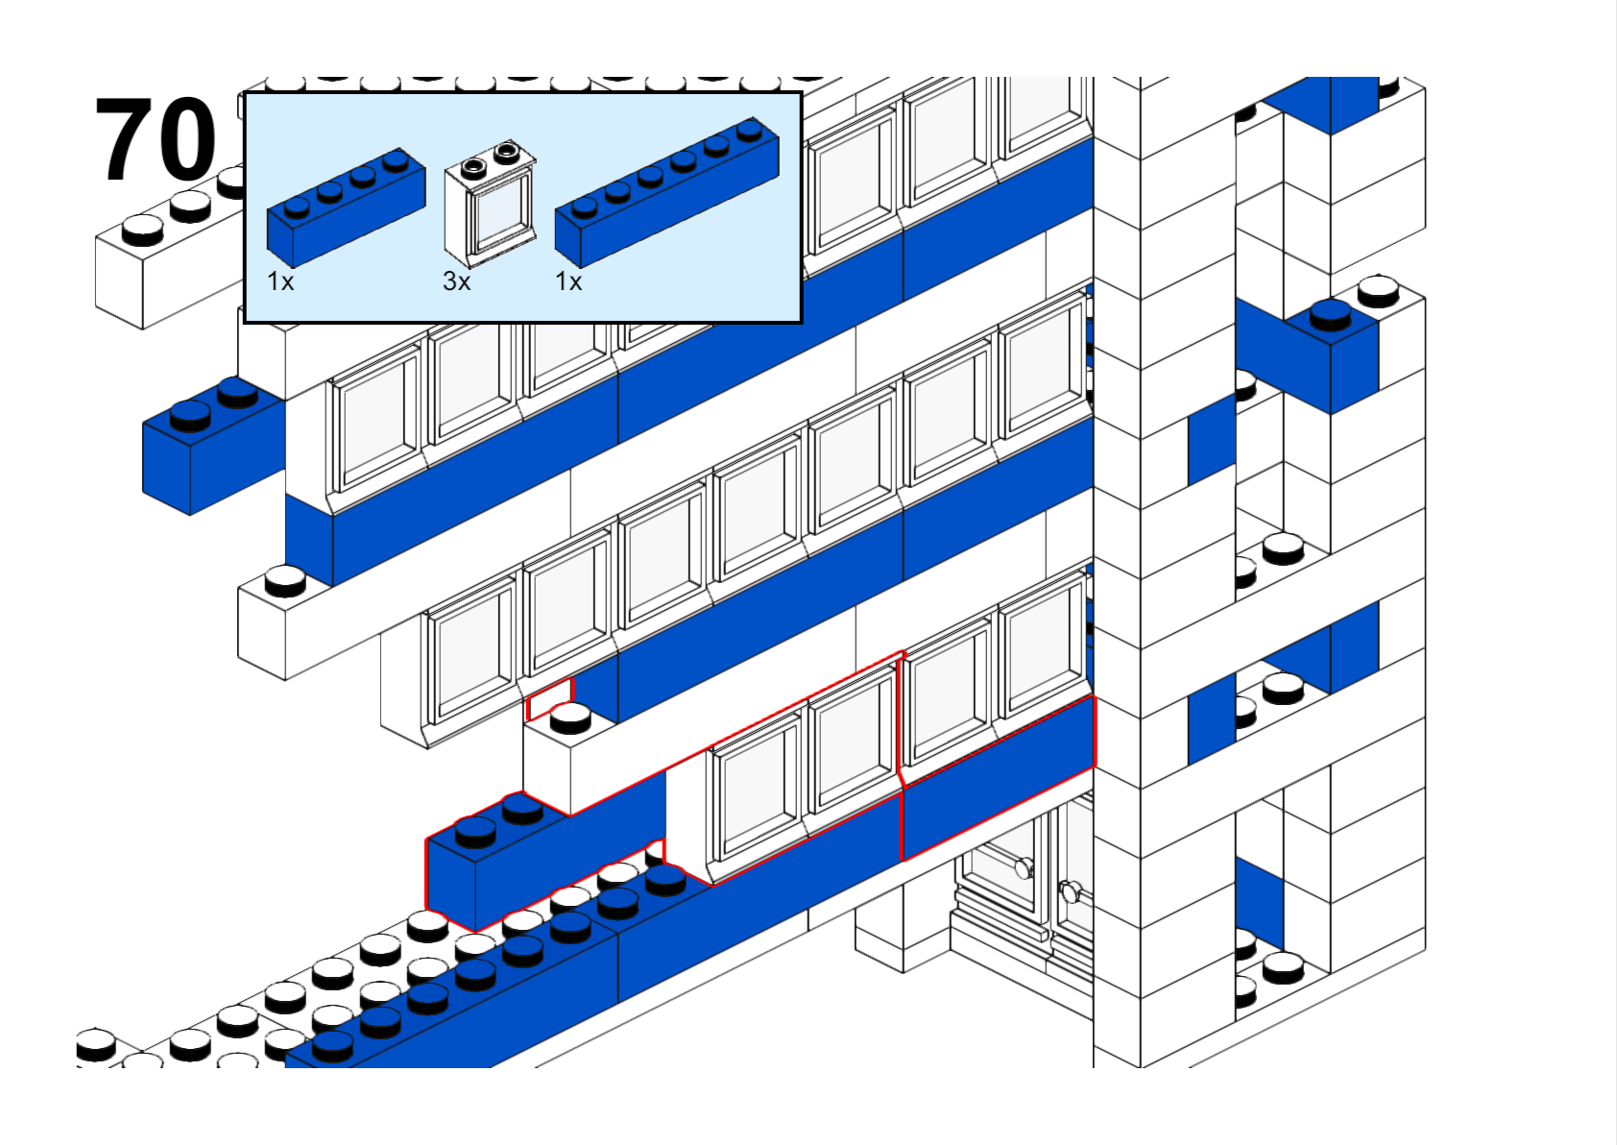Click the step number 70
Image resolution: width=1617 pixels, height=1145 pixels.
coord(156,139)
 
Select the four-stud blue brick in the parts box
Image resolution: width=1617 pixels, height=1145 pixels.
coord(346,207)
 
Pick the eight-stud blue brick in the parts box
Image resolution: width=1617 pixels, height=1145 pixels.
coord(666,192)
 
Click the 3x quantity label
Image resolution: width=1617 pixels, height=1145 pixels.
coord(456,281)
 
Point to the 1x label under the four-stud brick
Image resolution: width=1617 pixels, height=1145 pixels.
coord(280,281)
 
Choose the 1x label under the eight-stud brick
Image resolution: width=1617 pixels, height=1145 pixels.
coord(568,281)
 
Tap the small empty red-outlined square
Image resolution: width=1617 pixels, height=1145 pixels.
coord(550,698)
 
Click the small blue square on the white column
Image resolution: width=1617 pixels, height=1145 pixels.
coord(1211,440)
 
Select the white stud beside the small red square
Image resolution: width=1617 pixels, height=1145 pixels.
coord(570,717)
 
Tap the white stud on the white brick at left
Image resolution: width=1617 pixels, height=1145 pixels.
coord(285,579)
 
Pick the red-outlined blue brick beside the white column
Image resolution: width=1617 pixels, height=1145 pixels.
coord(999,778)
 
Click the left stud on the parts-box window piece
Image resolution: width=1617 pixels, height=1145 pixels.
coord(473,166)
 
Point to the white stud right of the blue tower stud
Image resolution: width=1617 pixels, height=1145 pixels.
coord(1379,288)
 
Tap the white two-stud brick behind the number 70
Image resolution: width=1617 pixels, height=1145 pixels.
coord(163,259)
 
